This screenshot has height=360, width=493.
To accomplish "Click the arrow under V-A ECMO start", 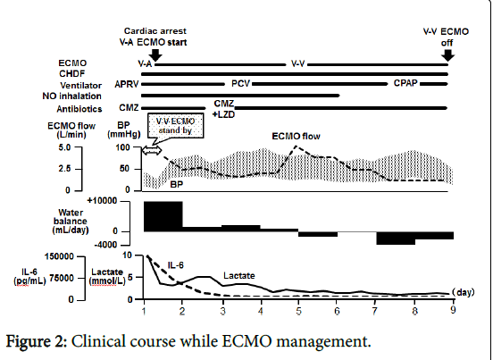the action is point(155,54).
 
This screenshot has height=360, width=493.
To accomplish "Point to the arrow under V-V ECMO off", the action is point(447,54).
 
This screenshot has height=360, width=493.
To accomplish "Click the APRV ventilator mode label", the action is point(127,84).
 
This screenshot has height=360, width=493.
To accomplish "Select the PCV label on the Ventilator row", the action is point(240,84).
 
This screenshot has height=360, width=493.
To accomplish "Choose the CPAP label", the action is point(405,83).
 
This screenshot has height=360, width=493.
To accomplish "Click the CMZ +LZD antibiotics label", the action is point(224,109).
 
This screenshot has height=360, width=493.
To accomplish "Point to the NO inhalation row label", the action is point(72,96).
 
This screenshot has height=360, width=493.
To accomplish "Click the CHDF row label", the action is point(72,73).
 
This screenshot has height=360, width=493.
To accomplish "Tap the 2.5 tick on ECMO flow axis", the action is point(64,169).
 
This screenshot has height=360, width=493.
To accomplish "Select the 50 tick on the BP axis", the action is point(124,169).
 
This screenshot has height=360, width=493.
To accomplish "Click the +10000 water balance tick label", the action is point(102,201).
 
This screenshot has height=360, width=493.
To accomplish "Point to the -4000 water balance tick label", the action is point(105,244).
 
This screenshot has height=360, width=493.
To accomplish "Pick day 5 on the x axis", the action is point(298,311).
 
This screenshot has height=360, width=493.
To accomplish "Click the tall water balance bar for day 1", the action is point(163,216).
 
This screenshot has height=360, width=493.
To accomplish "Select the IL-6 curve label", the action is point(175,265).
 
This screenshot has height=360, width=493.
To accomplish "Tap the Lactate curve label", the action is point(239,276).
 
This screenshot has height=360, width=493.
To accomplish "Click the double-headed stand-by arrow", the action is point(152,151).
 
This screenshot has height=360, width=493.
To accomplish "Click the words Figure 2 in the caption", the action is point(37,341).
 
